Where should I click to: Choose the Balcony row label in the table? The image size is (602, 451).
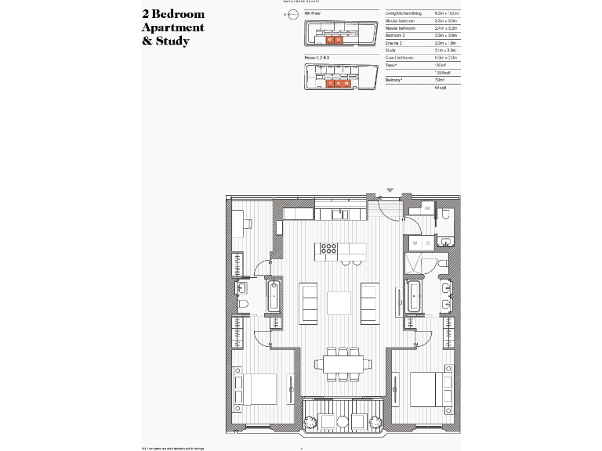[396, 80]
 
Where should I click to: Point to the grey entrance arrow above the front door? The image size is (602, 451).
[390, 190]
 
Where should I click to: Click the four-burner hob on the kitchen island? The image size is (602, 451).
[327, 251]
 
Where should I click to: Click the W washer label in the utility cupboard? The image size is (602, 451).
[414, 244]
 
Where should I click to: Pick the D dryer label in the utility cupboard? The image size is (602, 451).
[427, 244]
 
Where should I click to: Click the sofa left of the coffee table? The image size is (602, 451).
[310, 302]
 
